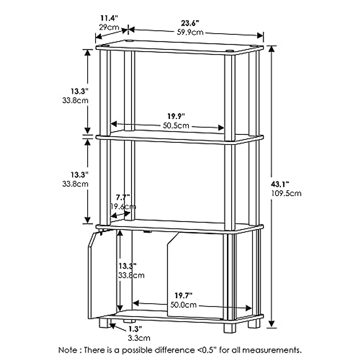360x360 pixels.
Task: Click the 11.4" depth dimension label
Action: (x=108, y=18)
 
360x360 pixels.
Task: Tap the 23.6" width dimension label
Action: (x=190, y=23)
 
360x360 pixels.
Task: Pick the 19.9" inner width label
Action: (x=176, y=116)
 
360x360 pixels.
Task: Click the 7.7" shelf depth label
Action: (x=123, y=197)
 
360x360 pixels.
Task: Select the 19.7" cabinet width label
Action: (x=183, y=296)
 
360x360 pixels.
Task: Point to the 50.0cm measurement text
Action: (x=184, y=305)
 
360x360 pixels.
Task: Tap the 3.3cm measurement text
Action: (x=139, y=338)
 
